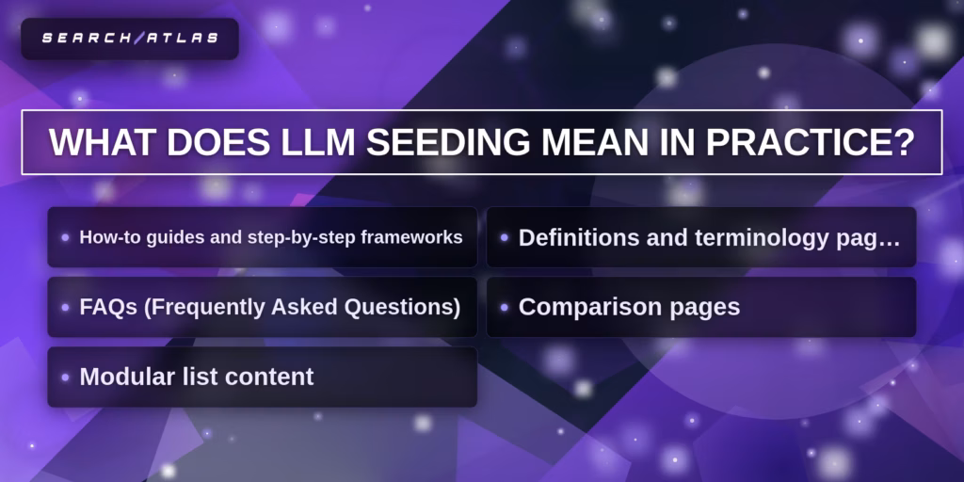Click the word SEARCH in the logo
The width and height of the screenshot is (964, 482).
[86, 38]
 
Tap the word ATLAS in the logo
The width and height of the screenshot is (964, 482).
[181, 38]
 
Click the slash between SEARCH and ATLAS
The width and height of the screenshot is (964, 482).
[137, 38]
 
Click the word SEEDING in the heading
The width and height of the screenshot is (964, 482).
[448, 143]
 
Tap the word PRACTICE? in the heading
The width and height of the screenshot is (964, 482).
[810, 143]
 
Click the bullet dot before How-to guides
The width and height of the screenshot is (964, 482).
[65, 237]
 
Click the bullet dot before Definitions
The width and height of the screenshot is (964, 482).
[505, 237]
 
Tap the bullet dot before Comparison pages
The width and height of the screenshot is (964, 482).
[505, 308]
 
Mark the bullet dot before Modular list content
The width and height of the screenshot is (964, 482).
[65, 378]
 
